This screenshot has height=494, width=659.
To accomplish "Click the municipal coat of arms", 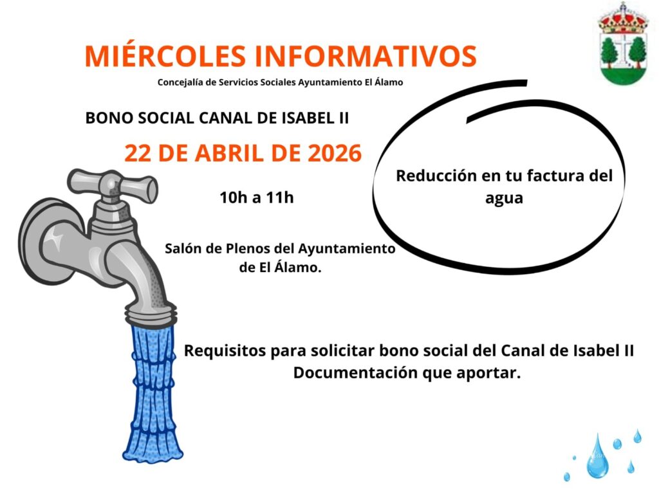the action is coord(623,44).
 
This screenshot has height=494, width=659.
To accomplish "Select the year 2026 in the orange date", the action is coord(335,153).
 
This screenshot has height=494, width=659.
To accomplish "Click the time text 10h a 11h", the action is coord(256,197).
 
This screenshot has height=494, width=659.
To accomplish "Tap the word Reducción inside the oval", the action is coord(436,176).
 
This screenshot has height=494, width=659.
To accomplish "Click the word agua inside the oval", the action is coord(504,199).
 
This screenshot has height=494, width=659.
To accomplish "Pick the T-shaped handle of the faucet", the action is coord(113,185).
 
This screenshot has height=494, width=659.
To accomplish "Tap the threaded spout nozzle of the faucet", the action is coord(151,314).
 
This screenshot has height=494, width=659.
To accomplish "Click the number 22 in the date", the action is coord(138,153).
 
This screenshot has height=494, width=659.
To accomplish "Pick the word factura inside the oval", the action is coord(555,176).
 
